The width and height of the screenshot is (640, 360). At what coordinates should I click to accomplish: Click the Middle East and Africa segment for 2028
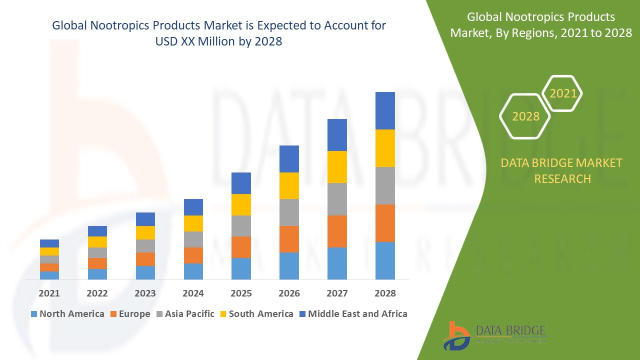385,110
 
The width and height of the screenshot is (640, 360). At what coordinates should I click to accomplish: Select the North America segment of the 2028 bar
385,260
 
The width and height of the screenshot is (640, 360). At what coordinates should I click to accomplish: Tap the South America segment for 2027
337,167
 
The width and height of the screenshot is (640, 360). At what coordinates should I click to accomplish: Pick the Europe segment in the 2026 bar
289,239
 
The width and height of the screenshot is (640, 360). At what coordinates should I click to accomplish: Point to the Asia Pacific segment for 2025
241,226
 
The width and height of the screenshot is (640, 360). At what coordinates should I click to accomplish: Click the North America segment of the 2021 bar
49,275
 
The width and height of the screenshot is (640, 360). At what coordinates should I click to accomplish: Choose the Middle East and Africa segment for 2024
193,207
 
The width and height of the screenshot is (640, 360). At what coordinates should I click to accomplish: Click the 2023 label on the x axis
145,293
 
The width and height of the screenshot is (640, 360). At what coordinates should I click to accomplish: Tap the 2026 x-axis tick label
289,293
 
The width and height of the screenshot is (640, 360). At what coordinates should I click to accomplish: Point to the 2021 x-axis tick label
49,293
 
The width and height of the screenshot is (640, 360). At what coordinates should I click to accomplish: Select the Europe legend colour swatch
114,314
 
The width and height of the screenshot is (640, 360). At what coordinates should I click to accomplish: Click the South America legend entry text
261,314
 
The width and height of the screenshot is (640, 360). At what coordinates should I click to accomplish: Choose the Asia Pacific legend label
189,314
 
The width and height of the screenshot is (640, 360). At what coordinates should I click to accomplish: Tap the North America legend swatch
34,314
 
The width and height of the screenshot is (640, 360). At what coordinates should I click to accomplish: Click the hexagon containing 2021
562,93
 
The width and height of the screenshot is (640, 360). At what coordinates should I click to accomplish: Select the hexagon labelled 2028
525,116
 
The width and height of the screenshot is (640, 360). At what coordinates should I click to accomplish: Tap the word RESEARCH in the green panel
562,178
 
